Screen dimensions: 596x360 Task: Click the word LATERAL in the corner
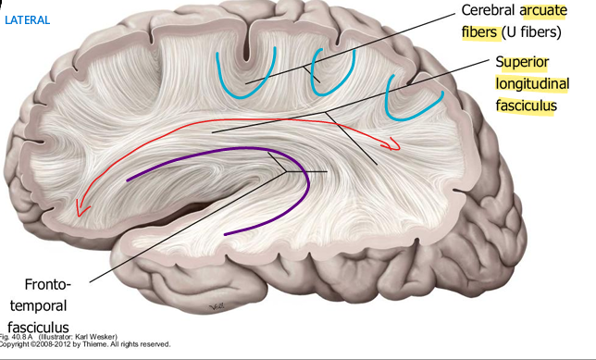[x=28, y=19]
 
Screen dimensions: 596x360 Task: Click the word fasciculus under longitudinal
[x=526, y=106]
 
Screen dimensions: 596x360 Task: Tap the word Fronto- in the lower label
[x=41, y=283]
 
